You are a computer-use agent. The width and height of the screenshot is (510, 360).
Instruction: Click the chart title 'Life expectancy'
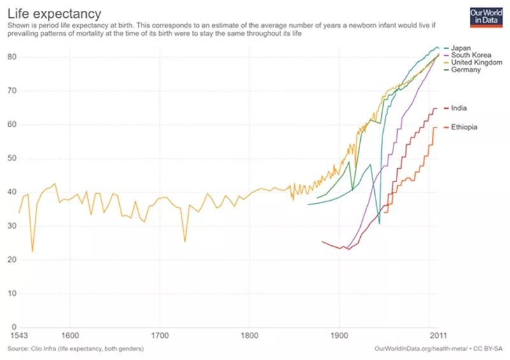54,13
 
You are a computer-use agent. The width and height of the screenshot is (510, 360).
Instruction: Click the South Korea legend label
470,55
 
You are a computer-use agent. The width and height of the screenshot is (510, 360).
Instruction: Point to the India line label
458,108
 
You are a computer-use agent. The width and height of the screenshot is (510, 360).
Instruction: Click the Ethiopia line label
464,127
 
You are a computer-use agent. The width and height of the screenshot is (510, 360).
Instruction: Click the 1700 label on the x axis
159,336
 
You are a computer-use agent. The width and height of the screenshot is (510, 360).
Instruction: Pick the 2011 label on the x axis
438,336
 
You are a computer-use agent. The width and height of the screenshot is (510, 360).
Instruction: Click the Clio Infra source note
75,349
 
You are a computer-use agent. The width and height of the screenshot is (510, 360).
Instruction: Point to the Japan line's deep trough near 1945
379,224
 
